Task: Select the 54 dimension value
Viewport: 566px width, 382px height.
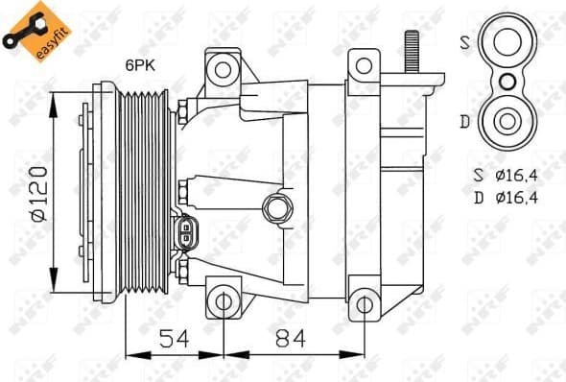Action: pyautogui.click(x=173, y=338)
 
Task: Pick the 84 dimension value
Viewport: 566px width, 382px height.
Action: pyautogui.click(x=286, y=338)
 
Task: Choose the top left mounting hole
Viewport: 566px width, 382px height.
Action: pyautogui.click(x=223, y=68)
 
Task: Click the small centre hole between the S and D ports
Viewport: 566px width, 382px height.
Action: pyautogui.click(x=505, y=82)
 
